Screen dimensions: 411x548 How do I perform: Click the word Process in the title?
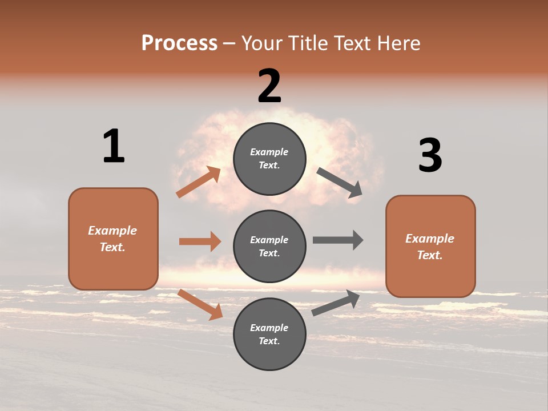(179, 43)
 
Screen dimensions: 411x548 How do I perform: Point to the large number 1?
(114, 146)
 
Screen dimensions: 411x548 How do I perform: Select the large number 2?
(269, 86)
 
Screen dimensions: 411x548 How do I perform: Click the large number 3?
(430, 155)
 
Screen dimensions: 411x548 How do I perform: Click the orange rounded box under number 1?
(113, 239)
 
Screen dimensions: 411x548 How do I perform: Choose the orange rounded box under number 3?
(430, 246)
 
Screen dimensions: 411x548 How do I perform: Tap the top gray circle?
(269, 158)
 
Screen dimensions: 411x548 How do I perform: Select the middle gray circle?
(269, 246)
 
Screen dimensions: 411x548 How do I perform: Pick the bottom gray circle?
(269, 334)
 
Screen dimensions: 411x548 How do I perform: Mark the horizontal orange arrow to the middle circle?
(200, 241)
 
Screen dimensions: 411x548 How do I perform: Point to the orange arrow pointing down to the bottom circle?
(200, 304)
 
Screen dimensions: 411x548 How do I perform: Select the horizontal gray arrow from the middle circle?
(338, 240)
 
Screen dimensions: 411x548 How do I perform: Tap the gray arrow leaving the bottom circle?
(336, 303)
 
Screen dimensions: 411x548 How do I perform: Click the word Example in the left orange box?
(112, 231)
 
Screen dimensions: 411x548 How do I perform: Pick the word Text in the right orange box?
(429, 255)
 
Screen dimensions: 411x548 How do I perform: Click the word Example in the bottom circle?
(269, 328)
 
